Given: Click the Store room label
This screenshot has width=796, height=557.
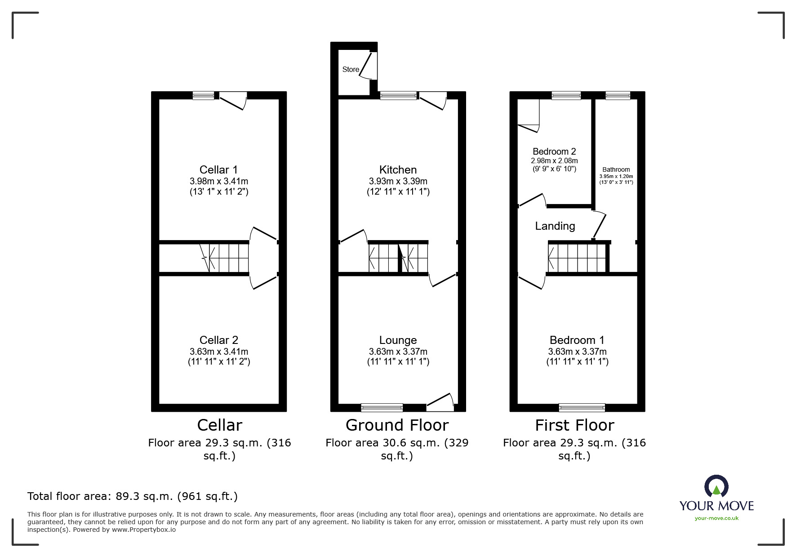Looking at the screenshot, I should [351, 69].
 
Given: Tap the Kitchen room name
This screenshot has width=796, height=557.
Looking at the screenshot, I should [398, 169].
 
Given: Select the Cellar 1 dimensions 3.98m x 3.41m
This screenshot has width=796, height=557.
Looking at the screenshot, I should [218, 181].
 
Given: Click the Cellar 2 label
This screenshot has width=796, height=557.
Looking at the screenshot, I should [218, 340].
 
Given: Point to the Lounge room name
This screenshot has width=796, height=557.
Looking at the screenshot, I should [398, 340].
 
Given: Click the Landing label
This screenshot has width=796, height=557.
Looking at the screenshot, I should [555, 226].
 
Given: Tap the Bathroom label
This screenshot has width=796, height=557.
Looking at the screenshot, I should [616, 169].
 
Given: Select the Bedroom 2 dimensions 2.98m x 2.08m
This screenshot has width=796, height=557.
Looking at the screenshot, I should [554, 160].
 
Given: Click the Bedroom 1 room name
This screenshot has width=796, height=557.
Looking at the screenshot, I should [577, 340].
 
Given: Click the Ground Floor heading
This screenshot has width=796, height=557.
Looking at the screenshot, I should [397, 425].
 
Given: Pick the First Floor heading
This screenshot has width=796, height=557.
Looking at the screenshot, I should [574, 425].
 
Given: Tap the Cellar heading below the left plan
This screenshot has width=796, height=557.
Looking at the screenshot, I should [219, 425].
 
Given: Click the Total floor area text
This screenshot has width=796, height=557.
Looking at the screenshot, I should [132, 496].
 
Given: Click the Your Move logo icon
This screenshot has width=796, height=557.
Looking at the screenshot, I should [716, 487].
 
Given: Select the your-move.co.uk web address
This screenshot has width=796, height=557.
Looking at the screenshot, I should [716, 518].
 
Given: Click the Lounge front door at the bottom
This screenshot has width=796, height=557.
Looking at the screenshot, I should [440, 402].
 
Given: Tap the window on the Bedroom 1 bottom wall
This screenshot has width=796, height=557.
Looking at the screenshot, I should [582, 407].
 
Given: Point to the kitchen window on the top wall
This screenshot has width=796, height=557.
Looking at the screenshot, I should [398, 95].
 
